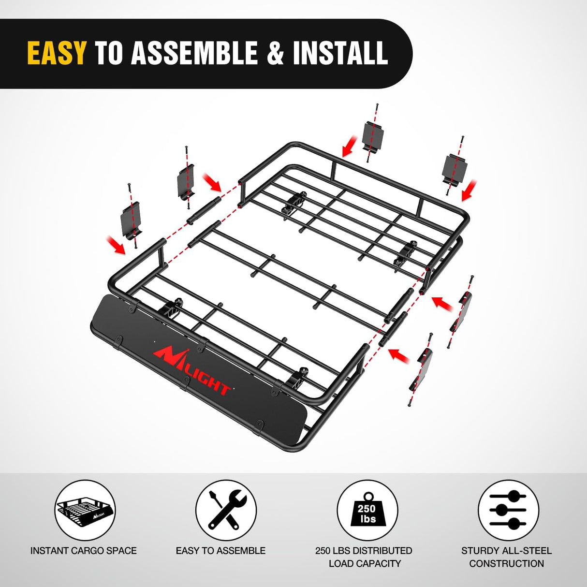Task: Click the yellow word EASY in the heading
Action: tap(57, 53)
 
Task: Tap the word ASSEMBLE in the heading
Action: tap(194, 53)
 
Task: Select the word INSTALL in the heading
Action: tap(340, 53)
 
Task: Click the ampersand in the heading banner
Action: tap(275, 53)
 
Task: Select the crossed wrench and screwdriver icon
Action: tap(226, 510)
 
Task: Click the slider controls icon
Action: tap(508, 510)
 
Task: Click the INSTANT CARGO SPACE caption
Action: tap(83, 550)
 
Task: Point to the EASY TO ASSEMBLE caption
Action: tap(220, 550)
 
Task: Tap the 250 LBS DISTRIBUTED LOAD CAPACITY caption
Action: tap(364, 557)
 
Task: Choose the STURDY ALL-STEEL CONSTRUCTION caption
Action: tap(506, 557)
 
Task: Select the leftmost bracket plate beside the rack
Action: tap(131, 219)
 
